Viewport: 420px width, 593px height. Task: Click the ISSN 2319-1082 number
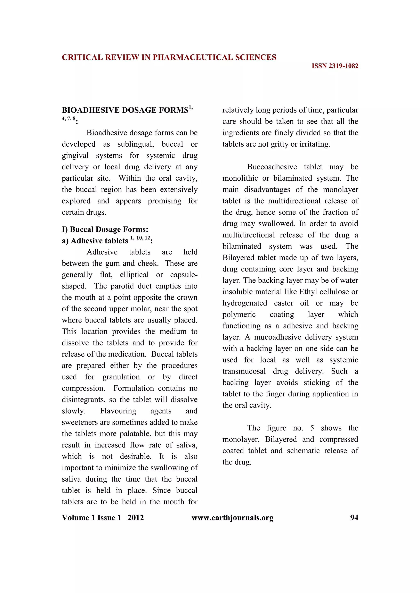(335, 66)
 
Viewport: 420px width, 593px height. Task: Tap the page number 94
(354, 518)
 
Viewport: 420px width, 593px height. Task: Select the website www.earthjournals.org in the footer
(232, 518)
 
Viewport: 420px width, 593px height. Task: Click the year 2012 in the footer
(136, 518)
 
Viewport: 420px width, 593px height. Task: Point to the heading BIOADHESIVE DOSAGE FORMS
(125, 110)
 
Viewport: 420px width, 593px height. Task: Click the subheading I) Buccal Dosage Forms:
(105, 229)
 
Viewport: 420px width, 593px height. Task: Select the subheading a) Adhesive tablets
(95, 241)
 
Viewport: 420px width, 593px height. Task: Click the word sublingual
(136, 144)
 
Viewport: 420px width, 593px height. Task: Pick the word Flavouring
(118, 411)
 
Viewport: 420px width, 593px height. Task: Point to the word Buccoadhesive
(272, 167)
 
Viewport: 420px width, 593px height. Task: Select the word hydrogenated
(245, 303)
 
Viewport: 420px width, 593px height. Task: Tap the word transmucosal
(244, 371)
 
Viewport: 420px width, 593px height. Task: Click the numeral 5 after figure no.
(312, 428)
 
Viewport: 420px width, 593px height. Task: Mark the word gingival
(75, 155)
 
